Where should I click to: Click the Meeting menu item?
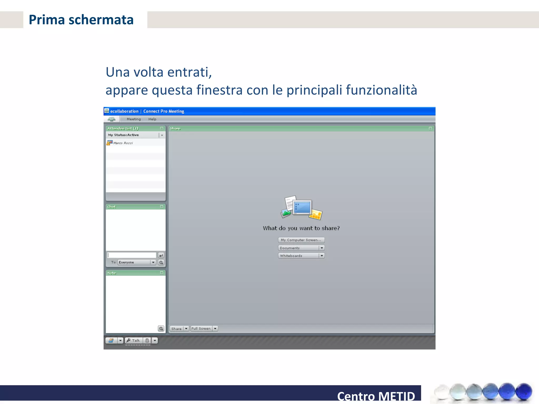tap(134, 119)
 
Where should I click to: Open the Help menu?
tap(152, 119)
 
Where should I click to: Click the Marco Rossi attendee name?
tap(123, 143)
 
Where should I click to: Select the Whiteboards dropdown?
tap(301, 256)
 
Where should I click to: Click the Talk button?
tap(134, 340)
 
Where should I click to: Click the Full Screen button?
tap(201, 329)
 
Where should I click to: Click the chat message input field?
tap(132, 255)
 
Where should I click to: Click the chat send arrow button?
tap(161, 255)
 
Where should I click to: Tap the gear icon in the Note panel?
tap(161, 328)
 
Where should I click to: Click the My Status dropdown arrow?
tap(162, 135)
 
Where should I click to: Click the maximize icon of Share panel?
tap(430, 128)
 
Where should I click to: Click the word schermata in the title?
tap(101, 20)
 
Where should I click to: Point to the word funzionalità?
tap(381, 90)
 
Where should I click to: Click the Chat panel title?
tap(112, 207)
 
